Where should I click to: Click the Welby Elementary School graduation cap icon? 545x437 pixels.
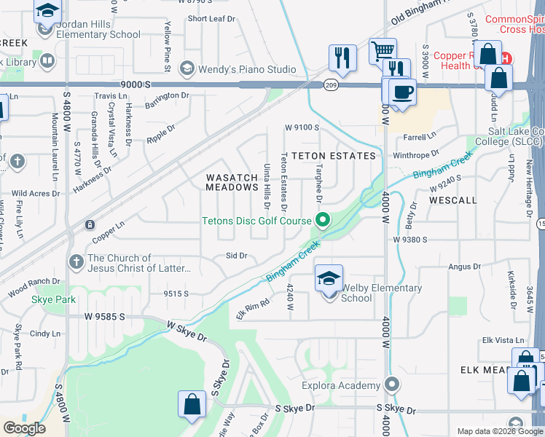[329, 277]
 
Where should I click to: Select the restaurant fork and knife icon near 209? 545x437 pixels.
[342, 58]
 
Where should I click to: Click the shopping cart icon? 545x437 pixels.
[382, 51]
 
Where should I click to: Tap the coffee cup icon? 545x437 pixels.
[401, 92]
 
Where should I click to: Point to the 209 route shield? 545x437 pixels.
[330, 84]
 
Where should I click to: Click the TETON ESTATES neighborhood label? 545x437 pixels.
[334, 156]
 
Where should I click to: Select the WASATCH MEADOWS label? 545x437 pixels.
[232, 183]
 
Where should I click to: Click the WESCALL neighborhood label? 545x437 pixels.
[453, 200]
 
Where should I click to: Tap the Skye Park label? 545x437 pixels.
[48, 299]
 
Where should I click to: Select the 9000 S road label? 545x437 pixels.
[136, 84]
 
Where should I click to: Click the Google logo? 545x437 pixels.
[24, 428]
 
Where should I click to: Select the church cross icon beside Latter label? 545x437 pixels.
[76, 261]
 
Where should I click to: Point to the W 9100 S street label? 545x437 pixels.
[302, 127]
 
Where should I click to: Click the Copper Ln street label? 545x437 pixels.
[109, 234]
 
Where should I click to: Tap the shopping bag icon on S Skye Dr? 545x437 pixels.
[191, 405]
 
